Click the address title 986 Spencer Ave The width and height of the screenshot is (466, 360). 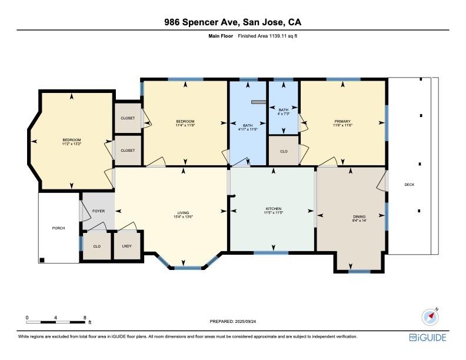[x=232, y=23]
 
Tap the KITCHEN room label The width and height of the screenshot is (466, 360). [x=273, y=209]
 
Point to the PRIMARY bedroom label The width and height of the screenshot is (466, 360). [x=342, y=121]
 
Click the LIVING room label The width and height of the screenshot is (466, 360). [x=183, y=213]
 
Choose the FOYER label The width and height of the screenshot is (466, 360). [x=98, y=211]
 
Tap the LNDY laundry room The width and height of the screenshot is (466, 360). [x=127, y=247]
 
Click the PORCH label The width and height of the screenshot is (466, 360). [x=58, y=228]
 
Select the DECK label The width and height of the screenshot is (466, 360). [x=409, y=185]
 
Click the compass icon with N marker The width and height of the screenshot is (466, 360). [x=431, y=316]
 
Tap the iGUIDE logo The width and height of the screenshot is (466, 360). [x=428, y=338]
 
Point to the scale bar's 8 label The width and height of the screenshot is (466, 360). [x=85, y=318]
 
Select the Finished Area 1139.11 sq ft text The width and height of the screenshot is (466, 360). [x=271, y=36]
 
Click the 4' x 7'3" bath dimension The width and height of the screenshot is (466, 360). [x=283, y=114]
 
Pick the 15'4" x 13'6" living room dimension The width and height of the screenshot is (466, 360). [x=183, y=217]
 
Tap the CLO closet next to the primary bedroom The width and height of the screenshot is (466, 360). [x=283, y=151]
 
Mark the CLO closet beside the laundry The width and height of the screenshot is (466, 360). [x=96, y=247]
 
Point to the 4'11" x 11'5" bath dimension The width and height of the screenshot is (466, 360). [x=248, y=129]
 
